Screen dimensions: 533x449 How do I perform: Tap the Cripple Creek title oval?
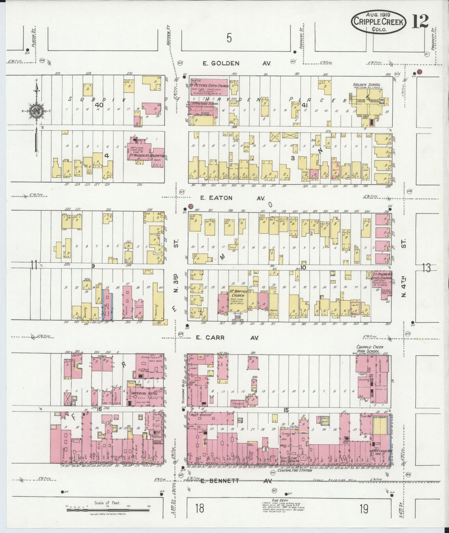tap(379, 22)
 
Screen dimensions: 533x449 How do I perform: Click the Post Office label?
tap(201, 415)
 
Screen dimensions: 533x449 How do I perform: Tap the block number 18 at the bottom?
tap(199, 509)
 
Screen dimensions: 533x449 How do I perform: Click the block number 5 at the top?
tap(229, 38)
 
